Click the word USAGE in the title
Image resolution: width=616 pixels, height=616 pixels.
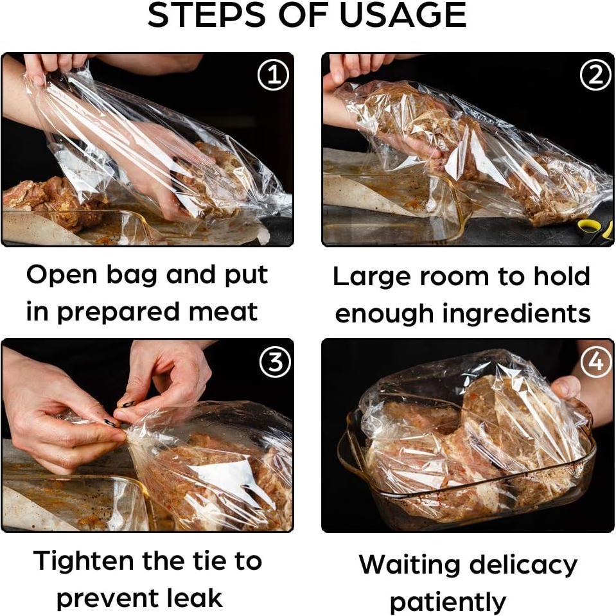[x=403, y=15]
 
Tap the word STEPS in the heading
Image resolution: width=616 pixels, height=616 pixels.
[x=207, y=15]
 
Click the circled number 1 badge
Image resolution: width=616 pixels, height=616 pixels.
[x=274, y=75]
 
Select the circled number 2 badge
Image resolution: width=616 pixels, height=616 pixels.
[x=595, y=75]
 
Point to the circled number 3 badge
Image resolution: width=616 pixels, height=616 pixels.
[x=275, y=362]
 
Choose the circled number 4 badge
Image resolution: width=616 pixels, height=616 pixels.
[x=595, y=360]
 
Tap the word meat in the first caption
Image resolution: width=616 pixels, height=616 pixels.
[x=223, y=312]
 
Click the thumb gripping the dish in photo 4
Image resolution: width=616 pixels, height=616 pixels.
[x=566, y=387]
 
